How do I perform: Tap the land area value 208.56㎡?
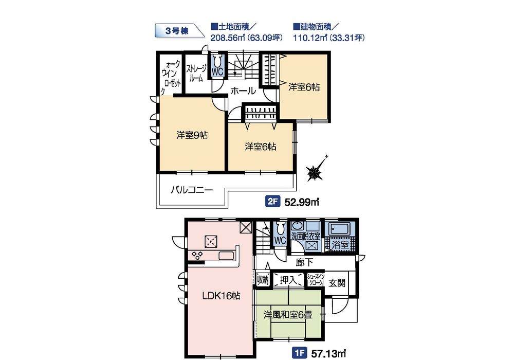coord(228,38)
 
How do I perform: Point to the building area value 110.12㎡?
coord(310,38)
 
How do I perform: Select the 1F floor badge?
coord(299,353)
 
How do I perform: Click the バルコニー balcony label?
coord(192,190)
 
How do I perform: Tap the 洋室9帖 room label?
coord(192,135)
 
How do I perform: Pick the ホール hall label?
coord(243,91)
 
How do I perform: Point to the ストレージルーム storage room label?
coord(196,73)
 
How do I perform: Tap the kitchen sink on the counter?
coord(226,255)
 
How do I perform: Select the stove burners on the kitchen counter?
coord(198,255)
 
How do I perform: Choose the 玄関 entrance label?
coord(337,283)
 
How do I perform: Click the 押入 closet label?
coord(288,280)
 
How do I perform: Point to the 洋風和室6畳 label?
coord(288,315)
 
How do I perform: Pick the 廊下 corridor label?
coord(304,262)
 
